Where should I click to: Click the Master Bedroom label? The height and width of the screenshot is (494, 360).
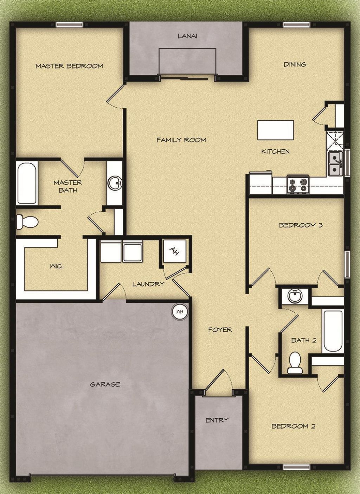pyautogui.click(x=69, y=66)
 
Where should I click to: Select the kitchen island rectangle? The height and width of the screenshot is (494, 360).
pyautogui.click(x=276, y=130)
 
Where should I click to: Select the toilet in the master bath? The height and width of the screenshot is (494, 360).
pyautogui.click(x=27, y=222)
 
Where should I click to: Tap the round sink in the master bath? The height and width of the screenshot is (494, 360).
pyautogui.click(x=114, y=183)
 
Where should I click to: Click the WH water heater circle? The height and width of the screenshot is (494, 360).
pyautogui.click(x=180, y=312)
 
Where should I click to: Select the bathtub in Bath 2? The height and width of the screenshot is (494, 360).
pyautogui.click(x=333, y=331)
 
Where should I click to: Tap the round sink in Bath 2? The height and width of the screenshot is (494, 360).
pyautogui.click(x=295, y=296)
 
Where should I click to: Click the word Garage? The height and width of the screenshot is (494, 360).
pyautogui.click(x=105, y=384)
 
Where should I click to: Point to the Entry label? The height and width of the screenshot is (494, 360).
pyautogui.click(x=217, y=420)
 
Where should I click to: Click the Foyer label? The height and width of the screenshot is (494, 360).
pyautogui.click(x=220, y=329)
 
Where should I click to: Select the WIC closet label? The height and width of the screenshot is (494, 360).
pyautogui.click(x=56, y=266)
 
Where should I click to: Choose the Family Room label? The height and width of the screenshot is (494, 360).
pyautogui.click(x=181, y=140)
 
